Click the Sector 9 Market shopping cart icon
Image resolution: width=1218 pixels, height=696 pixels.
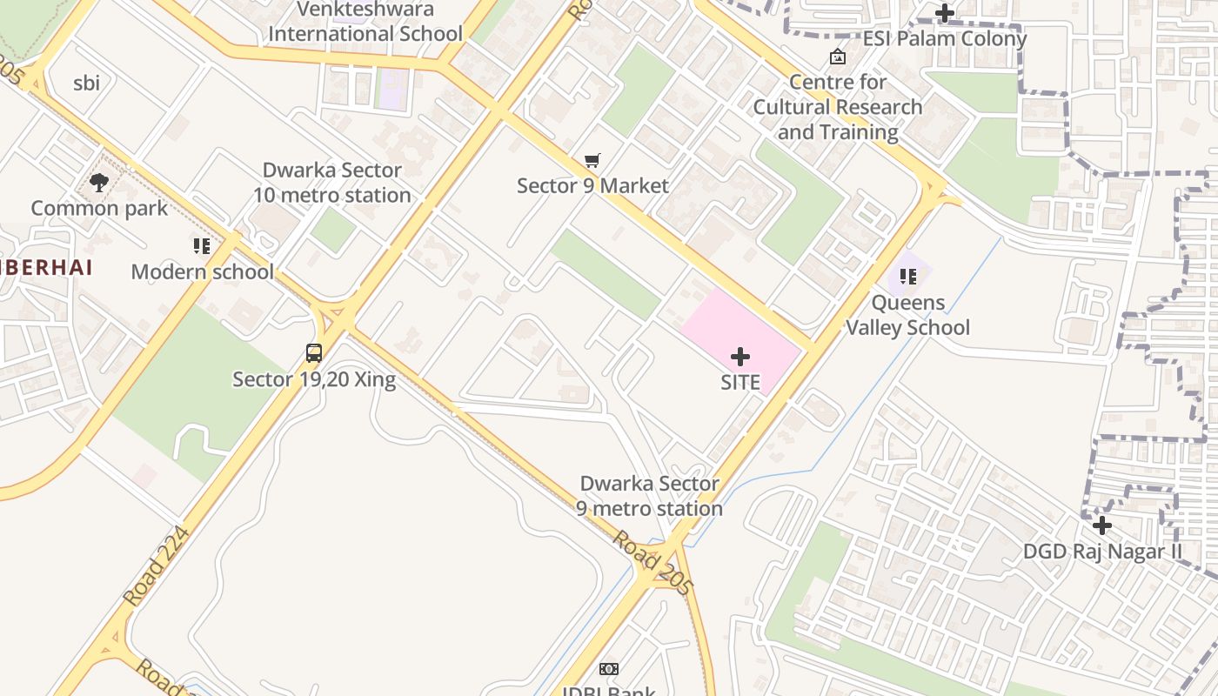pos(592,160)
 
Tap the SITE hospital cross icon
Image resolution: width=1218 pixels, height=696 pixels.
pos(740,357)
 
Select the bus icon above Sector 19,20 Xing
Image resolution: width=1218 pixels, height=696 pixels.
pos(314,353)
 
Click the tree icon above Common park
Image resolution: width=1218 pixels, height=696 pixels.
pos(99,183)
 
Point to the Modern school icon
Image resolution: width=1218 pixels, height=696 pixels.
pos(202,246)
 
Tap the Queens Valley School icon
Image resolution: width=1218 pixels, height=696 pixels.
pos(908,277)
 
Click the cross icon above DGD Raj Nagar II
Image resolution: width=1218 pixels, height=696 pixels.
pos(1102,525)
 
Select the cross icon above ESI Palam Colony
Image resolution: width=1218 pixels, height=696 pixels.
pos(945,13)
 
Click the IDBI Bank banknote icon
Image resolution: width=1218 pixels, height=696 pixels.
pos(609,668)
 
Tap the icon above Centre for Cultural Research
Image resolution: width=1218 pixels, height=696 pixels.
pos(838,57)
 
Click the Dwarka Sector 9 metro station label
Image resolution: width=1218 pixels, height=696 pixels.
pos(650,496)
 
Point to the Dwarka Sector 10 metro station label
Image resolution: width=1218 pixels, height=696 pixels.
pos(332,183)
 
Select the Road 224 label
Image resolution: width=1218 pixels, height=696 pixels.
pos(156,565)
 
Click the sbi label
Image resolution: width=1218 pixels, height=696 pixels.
pos(86,84)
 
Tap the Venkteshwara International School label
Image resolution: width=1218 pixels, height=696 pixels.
pos(365,22)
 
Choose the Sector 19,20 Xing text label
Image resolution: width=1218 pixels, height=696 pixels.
pos(314,379)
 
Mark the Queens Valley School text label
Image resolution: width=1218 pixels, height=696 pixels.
pos(908,315)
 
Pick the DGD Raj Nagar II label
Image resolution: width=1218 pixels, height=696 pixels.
pos(1102,552)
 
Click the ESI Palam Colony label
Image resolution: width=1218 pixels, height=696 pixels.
pos(945,39)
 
